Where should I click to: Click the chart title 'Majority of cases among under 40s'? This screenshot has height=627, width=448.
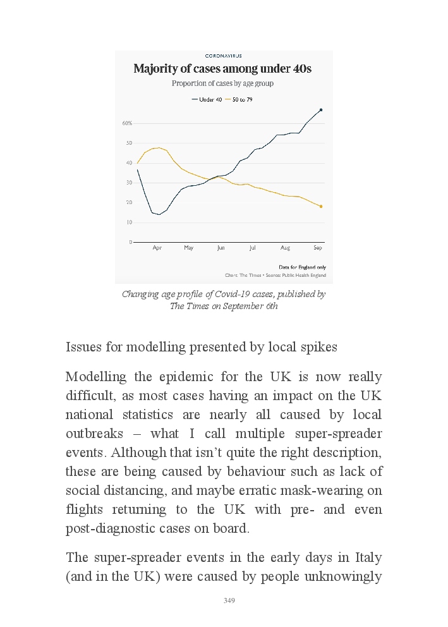[222, 69]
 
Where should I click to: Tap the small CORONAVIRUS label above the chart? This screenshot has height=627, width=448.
[223, 56]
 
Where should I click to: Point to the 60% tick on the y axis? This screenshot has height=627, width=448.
[127, 123]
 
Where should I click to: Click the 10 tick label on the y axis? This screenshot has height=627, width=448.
[129, 222]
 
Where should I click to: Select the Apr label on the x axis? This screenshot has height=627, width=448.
[157, 248]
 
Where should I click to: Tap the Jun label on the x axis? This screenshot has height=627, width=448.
[221, 248]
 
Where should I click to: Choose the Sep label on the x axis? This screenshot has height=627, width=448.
[318, 248]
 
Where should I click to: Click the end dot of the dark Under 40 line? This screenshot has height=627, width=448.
[321, 110]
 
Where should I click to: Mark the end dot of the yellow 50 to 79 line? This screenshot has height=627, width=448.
[321, 207]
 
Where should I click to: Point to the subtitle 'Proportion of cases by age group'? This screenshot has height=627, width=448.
[222, 83]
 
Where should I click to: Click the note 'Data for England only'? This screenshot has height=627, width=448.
[302, 267]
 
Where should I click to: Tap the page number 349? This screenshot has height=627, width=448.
[229, 600]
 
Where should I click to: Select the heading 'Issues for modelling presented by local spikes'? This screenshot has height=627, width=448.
[202, 348]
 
